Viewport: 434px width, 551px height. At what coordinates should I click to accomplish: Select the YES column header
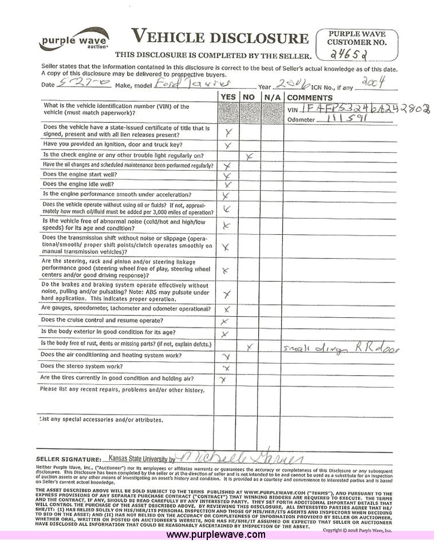[x=228, y=97]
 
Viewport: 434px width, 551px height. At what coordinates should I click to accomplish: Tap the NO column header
[x=248, y=97]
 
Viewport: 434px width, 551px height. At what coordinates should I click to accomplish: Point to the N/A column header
[x=272, y=97]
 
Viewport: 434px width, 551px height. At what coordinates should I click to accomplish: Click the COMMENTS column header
[x=310, y=97]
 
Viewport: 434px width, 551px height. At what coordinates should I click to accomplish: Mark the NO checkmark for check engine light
[x=249, y=155]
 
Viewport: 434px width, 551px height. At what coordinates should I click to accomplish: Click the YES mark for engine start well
[x=227, y=175]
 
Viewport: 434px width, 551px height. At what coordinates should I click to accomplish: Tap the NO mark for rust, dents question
[x=249, y=347]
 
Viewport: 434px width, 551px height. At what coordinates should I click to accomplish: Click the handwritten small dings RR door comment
[x=341, y=348]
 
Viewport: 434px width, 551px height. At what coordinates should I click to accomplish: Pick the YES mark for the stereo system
[x=226, y=368]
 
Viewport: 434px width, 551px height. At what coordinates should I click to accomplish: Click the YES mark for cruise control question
[x=225, y=322]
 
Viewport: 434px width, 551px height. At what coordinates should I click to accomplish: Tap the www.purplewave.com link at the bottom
[x=216, y=535]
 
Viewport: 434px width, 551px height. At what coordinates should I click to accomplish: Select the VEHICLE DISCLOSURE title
[x=219, y=38]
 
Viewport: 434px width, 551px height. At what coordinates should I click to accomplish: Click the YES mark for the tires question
[x=224, y=379]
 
